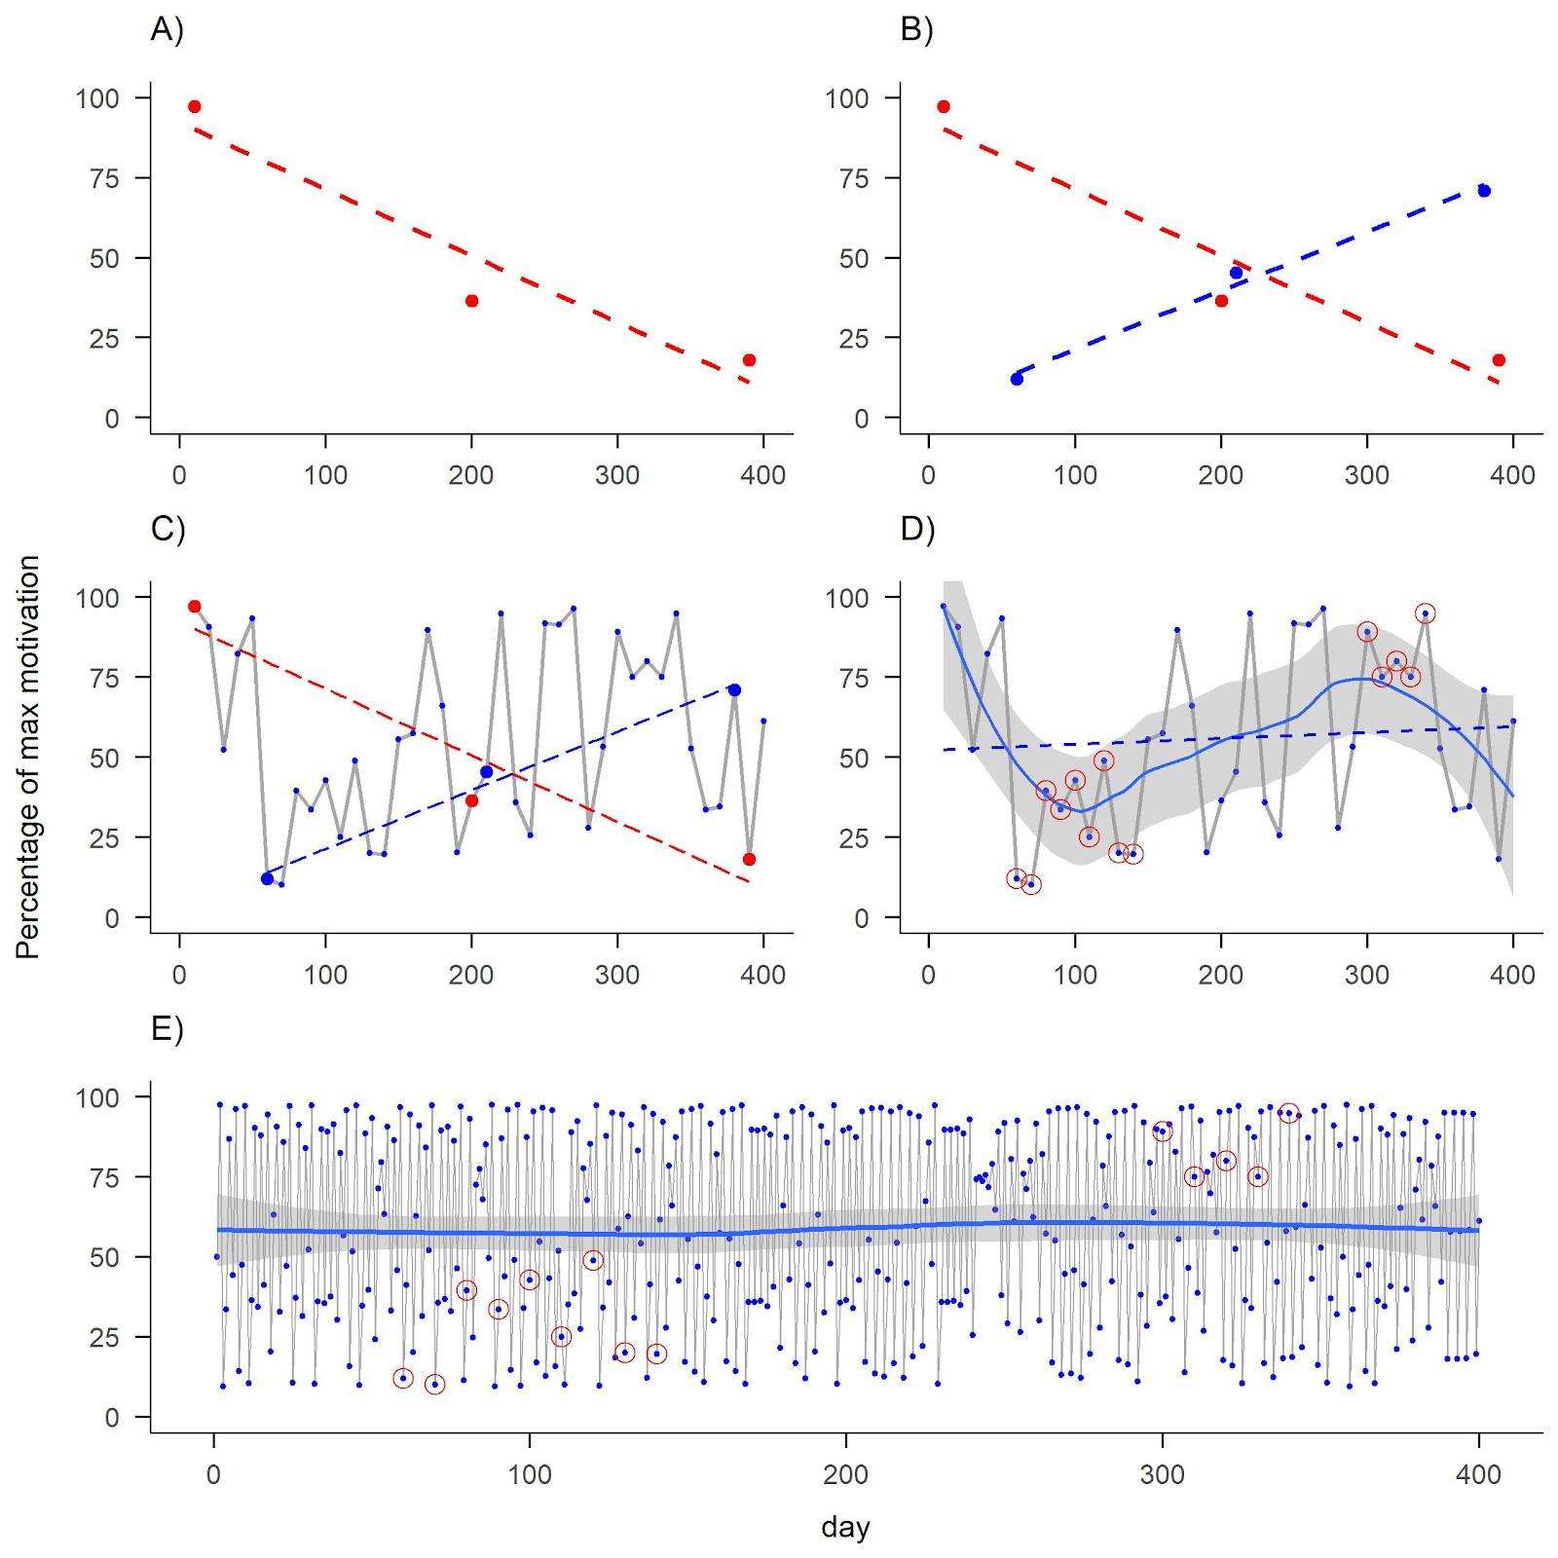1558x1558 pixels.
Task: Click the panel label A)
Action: pyautogui.click(x=167, y=30)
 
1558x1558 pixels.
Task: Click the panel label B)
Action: pyautogui.click(x=916, y=30)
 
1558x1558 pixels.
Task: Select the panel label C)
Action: pyautogui.click(x=167, y=529)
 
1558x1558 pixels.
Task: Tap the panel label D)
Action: pyautogui.click(x=917, y=529)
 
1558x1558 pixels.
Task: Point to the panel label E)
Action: pyautogui.click(x=167, y=1029)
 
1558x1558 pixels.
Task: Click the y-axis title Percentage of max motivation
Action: pyautogui.click(x=27, y=757)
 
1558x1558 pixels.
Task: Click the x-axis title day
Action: pyautogui.click(x=845, y=1527)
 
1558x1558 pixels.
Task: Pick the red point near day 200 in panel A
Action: pyautogui.click(x=471, y=301)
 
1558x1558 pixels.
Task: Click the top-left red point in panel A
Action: pyautogui.click(x=194, y=107)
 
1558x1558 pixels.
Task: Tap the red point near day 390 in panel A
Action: pyautogui.click(x=749, y=360)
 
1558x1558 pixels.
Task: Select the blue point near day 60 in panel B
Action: pyautogui.click(x=1017, y=379)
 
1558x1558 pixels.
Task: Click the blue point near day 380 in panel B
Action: pyautogui.click(x=1484, y=191)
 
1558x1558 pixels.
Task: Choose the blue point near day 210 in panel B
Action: pyautogui.click(x=1236, y=273)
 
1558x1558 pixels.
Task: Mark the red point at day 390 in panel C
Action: pyautogui.click(x=749, y=859)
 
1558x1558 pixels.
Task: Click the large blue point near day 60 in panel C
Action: pyautogui.click(x=267, y=878)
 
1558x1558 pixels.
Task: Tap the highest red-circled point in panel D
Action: pyautogui.click(x=1426, y=613)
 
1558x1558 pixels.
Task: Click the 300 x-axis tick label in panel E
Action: pyautogui.click(x=1162, y=1474)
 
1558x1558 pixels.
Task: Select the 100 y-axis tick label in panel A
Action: pyautogui.click(x=97, y=98)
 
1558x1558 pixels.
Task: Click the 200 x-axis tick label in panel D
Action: pyautogui.click(x=1221, y=975)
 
